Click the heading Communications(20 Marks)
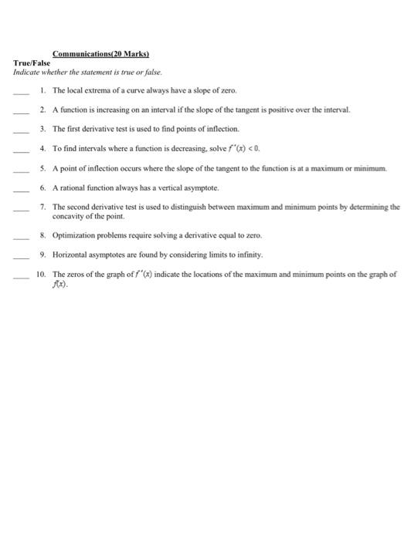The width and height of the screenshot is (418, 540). (107, 55)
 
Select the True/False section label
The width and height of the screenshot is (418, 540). (32, 62)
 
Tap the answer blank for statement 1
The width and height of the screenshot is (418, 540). (21, 93)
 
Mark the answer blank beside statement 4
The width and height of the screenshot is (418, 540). (21, 150)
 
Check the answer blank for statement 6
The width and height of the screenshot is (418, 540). (21, 189)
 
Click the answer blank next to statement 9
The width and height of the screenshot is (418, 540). (21, 256)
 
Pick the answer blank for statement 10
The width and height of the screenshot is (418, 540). (21, 276)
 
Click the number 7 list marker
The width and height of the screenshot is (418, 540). (44, 207)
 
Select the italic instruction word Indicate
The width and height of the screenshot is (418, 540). (26, 72)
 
